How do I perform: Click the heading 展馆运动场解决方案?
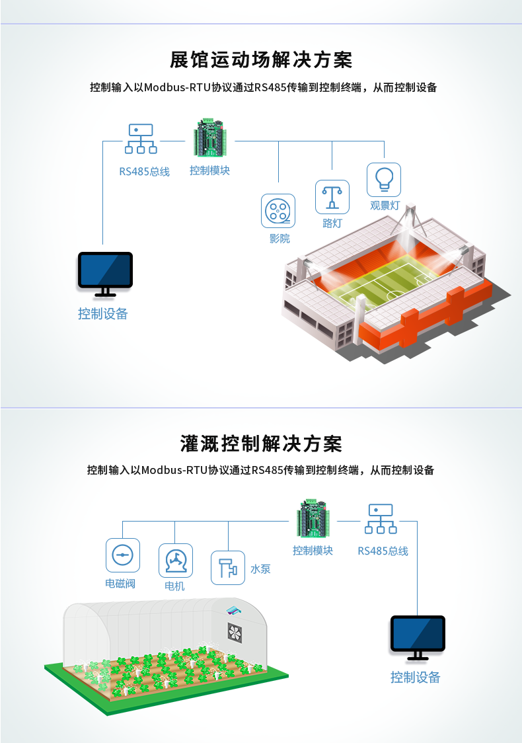(x=261, y=60)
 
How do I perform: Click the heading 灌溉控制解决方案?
(x=261, y=444)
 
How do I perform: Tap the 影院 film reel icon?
(x=278, y=211)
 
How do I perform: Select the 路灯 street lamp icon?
(x=332, y=197)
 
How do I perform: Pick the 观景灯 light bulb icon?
(x=384, y=179)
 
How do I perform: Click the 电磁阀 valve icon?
(x=122, y=555)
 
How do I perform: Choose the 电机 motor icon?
(x=175, y=561)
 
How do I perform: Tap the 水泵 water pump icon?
(x=227, y=568)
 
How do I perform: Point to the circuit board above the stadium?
(x=211, y=138)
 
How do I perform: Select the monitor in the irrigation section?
(x=417, y=637)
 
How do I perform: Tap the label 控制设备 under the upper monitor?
(x=103, y=314)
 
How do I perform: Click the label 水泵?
(x=260, y=569)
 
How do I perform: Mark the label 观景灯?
(x=385, y=206)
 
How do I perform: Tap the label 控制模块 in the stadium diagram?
(x=209, y=171)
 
